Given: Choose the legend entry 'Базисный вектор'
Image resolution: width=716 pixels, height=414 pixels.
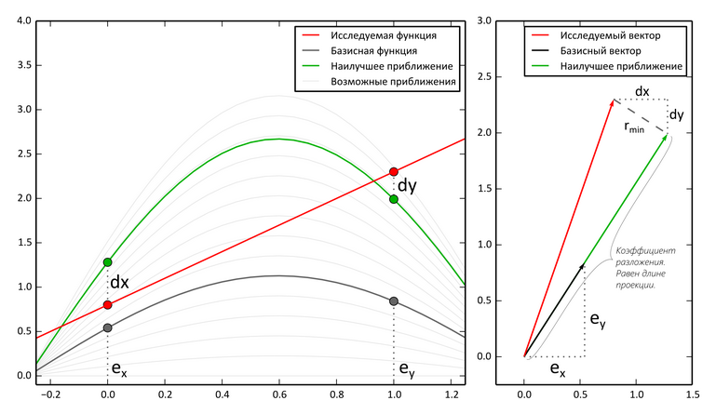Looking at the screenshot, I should point(605,50).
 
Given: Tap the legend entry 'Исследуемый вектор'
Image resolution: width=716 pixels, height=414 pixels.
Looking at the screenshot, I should point(612,34).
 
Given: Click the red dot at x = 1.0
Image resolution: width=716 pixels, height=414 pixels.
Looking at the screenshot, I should point(394,172).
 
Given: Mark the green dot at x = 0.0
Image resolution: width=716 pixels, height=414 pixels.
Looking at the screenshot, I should point(108,262).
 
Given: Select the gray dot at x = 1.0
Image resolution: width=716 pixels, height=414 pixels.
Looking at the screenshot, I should point(394,301).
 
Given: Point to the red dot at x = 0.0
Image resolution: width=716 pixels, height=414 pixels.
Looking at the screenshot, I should point(108,305).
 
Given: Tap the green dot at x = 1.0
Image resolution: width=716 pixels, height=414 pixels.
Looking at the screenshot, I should point(394,199).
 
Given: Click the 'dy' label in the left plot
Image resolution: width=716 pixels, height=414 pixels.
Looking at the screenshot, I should point(408,185).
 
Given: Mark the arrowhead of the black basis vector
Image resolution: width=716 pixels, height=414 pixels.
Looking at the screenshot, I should point(584,265).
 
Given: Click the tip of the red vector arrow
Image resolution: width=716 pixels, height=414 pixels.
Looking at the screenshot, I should point(614,100).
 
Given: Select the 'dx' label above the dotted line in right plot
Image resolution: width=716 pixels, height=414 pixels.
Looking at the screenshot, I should point(642,91).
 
